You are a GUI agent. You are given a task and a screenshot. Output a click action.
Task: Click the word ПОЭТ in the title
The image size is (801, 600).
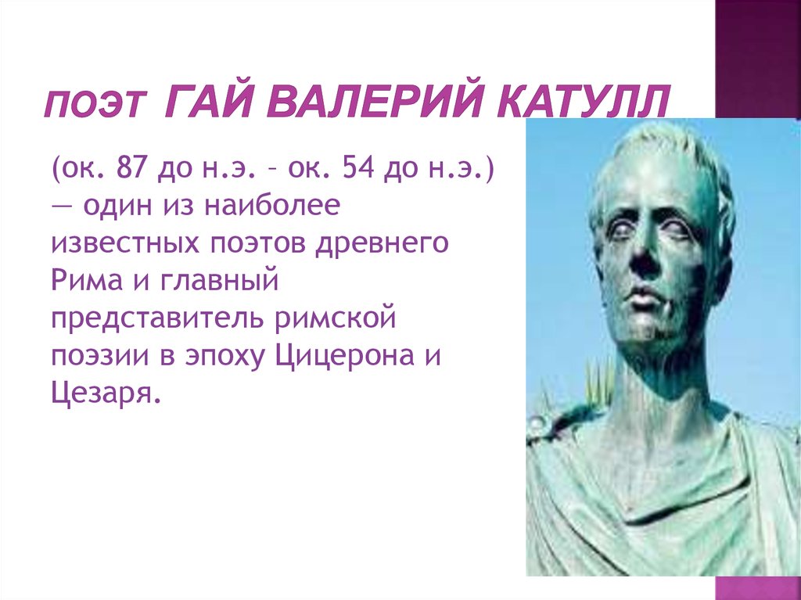[x=95, y=105]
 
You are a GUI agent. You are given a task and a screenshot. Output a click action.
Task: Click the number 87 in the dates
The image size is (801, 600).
[x=131, y=167]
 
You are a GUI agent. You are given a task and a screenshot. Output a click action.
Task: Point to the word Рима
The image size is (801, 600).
[x=87, y=281]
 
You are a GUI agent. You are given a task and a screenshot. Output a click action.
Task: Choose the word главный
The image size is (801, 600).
[x=220, y=281]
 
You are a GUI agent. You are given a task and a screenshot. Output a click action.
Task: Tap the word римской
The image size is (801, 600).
[x=336, y=318]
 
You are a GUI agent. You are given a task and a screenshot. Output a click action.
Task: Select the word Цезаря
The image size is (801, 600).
[x=102, y=394]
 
